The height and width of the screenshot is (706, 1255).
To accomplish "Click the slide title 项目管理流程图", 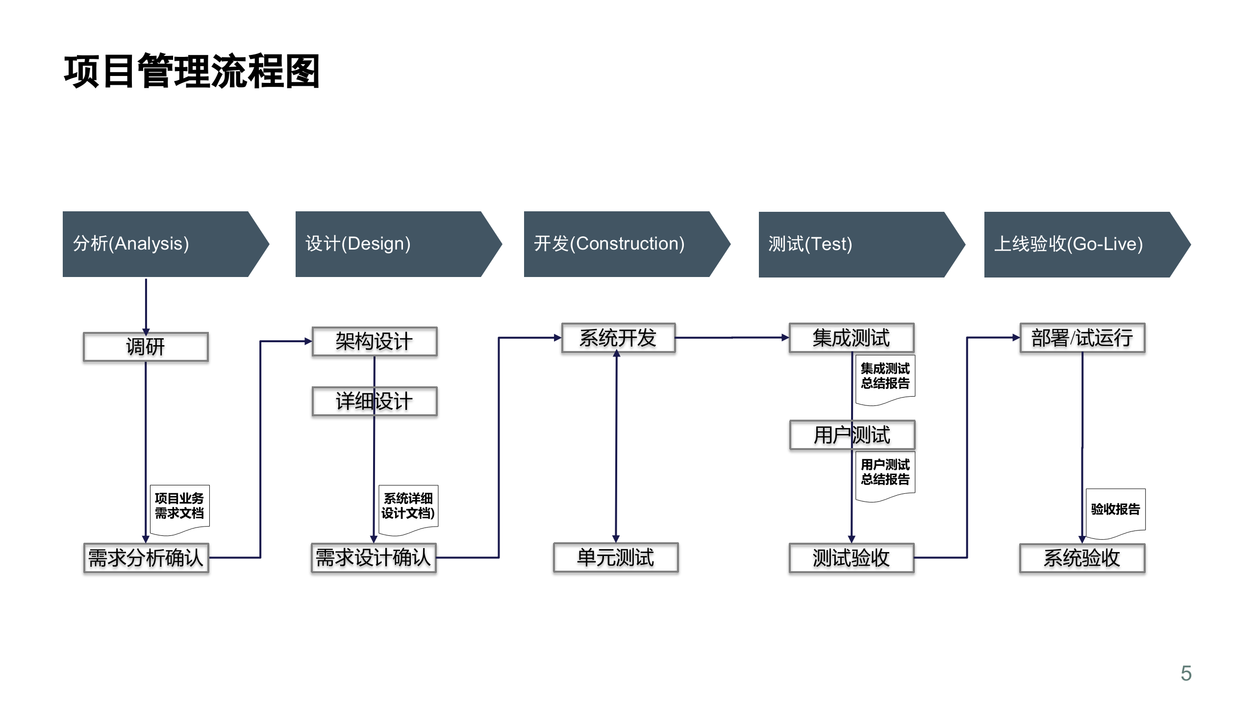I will click(192, 72).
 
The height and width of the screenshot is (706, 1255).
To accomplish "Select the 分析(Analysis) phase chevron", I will click(162, 244).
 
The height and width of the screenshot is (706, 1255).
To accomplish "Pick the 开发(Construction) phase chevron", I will click(623, 244).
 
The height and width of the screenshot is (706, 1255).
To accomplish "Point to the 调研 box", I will click(146, 347).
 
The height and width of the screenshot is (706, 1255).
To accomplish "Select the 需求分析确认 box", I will click(146, 558).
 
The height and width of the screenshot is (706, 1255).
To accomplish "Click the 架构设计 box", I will click(375, 341).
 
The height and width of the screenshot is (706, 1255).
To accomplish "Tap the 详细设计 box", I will click(375, 402).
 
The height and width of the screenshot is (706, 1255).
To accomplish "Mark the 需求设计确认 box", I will click(374, 558).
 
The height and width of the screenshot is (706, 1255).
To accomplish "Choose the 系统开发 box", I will click(618, 338).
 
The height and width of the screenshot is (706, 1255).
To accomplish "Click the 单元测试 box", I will click(616, 557).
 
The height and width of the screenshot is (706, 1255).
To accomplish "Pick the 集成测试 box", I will click(852, 338).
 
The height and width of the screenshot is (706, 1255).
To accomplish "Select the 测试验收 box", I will click(852, 558).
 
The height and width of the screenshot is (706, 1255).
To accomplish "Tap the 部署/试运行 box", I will click(1082, 338).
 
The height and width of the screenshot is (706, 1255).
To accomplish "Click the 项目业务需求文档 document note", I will click(179, 507).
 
